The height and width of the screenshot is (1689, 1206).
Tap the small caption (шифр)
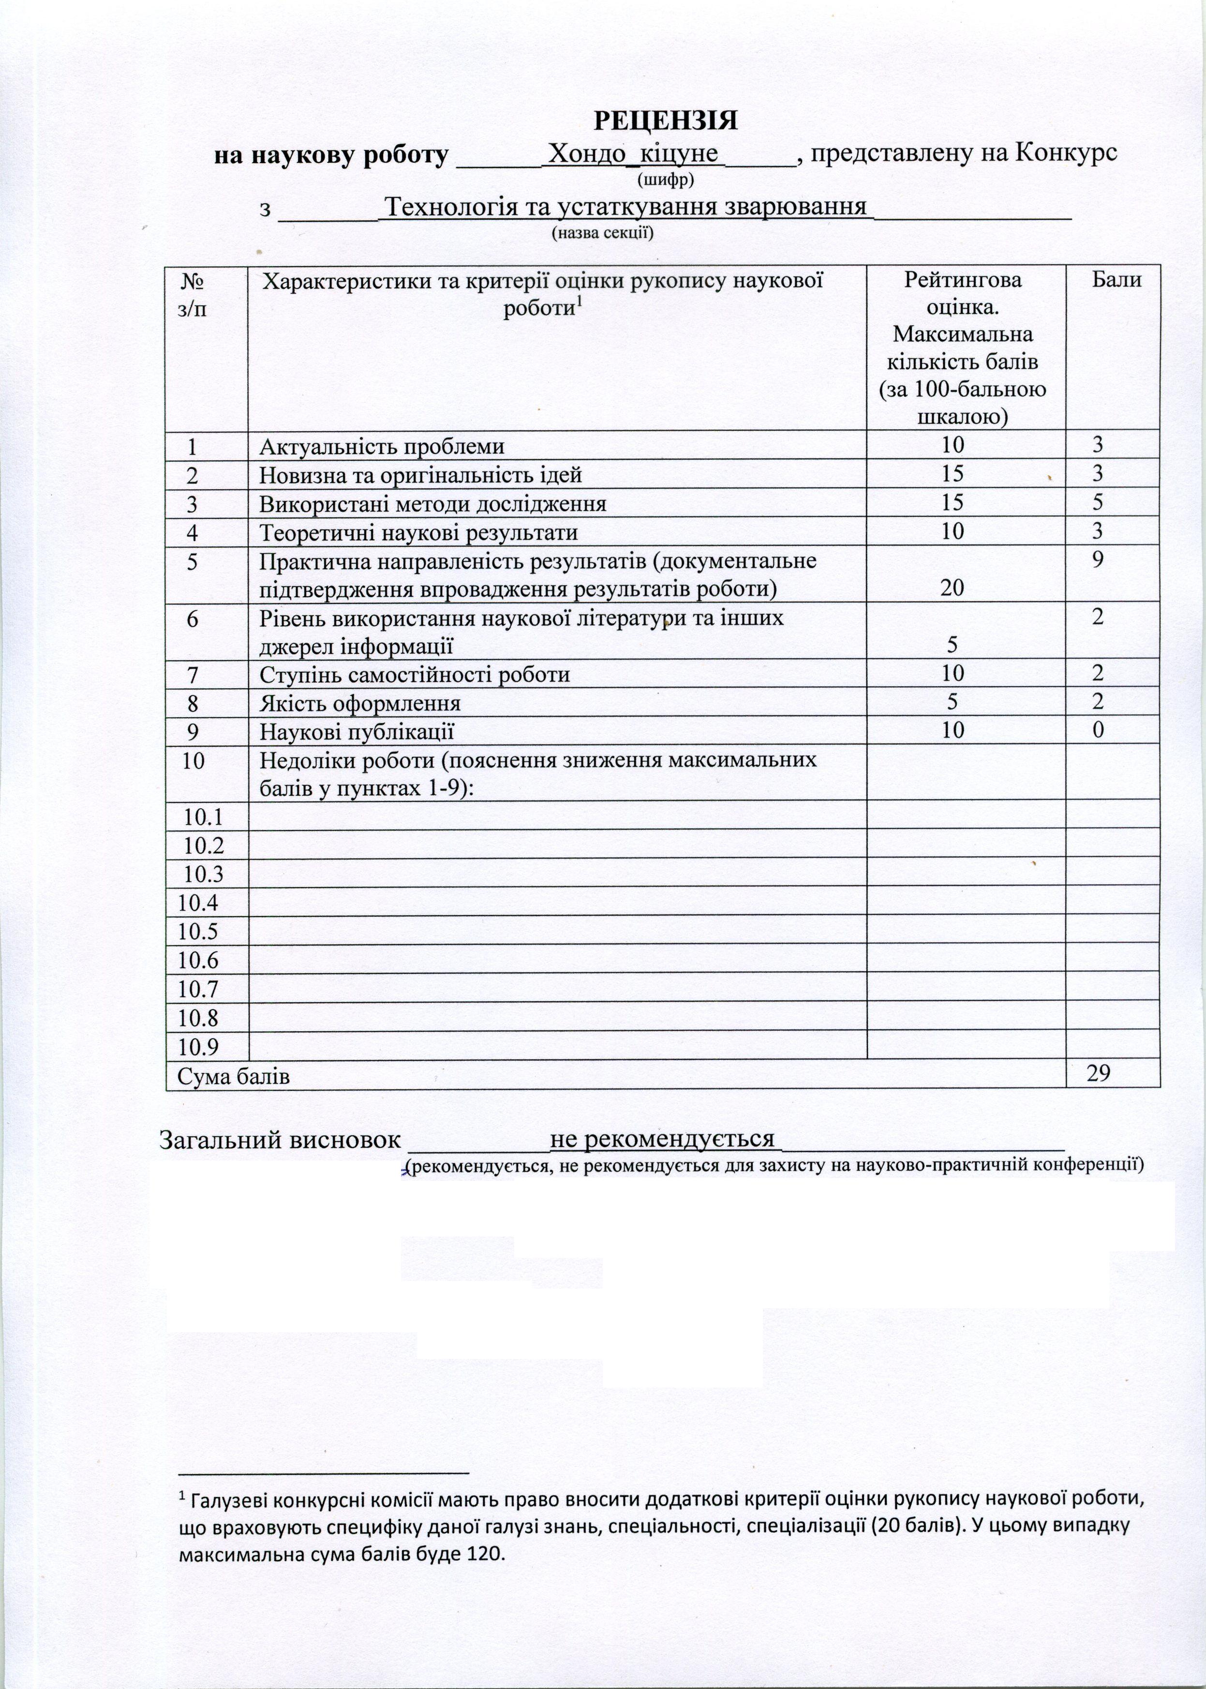click(x=665, y=179)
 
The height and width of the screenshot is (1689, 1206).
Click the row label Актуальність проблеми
click(x=382, y=446)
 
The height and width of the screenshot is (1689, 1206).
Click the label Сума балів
click(x=233, y=1075)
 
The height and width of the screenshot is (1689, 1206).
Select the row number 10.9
click(x=199, y=1046)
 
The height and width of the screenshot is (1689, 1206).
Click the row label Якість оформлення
click(x=360, y=703)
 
